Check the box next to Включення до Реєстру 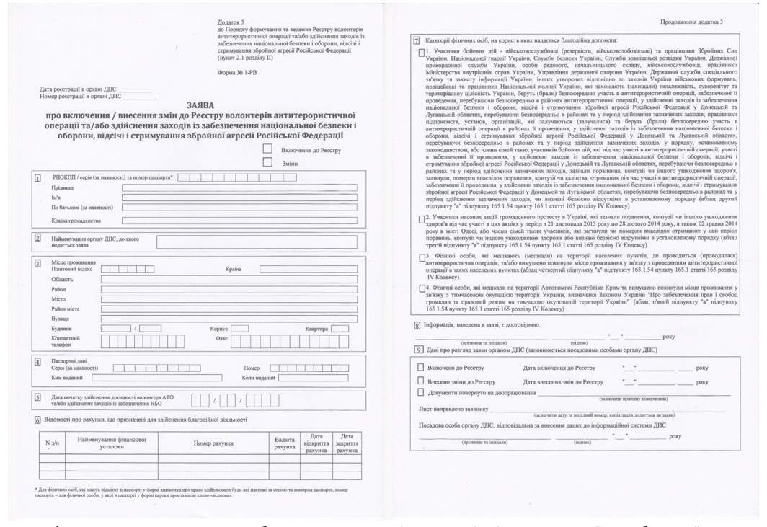click(268, 149)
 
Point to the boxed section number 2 click(37, 236)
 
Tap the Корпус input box click(240, 328)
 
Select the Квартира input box click(340, 328)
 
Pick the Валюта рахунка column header click(280, 440)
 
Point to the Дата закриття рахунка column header click(347, 440)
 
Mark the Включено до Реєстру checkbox click(421, 368)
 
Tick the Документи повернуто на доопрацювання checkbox click(421, 392)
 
